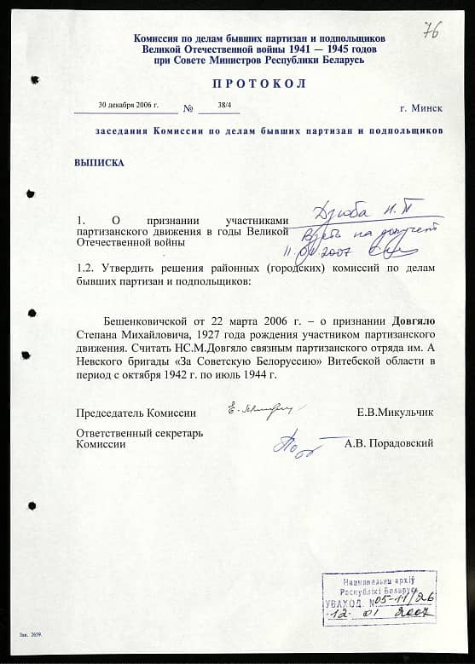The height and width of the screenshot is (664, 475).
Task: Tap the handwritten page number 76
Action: pos(432,30)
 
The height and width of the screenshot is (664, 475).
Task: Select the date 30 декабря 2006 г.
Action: pos(128,104)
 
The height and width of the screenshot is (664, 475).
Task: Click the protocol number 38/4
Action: pos(224,105)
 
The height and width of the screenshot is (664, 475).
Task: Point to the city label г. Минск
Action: pos(421,109)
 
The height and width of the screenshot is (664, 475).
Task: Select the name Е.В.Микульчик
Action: pos(395,413)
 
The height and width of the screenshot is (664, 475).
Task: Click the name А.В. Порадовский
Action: pos(389,443)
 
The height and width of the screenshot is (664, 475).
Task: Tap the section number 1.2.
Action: pos(85,268)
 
